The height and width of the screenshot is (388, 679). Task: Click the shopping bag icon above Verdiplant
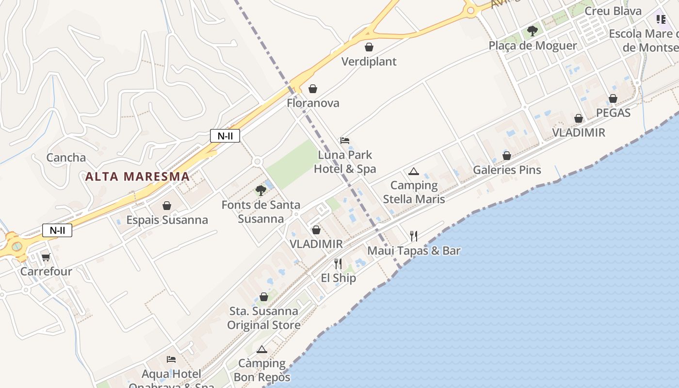point(369,47)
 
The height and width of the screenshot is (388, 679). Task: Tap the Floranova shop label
point(313,103)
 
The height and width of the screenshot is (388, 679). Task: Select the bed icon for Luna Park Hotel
point(345,140)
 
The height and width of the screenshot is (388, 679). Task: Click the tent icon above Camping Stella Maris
point(413,171)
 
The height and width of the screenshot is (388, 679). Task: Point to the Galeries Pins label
point(507,170)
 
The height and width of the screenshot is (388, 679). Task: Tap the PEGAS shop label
point(613,113)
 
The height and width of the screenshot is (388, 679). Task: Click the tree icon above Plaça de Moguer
point(533,31)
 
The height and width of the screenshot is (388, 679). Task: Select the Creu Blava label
point(613,11)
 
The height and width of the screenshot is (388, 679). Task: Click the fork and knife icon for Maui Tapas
point(413,236)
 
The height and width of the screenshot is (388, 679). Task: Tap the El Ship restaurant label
point(338,278)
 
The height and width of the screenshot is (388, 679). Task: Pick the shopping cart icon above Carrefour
point(46,257)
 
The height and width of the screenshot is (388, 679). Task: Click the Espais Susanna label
point(167,220)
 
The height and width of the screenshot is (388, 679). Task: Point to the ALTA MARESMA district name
point(137,177)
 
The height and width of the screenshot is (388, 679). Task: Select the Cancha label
point(66,158)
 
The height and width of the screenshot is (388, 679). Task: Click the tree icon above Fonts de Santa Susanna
point(261,190)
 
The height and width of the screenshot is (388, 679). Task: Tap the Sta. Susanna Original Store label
point(264,318)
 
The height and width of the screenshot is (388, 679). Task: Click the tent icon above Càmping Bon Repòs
point(262,349)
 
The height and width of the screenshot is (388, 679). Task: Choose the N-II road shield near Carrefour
point(57,230)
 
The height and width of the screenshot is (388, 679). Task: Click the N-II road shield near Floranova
point(225,136)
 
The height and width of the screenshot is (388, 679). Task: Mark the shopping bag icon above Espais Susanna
point(167,206)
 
